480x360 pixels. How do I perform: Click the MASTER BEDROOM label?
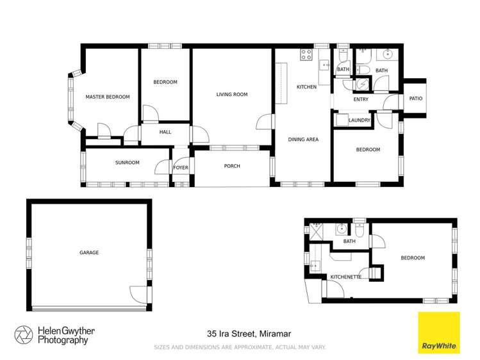pyautogui.click(x=108, y=97)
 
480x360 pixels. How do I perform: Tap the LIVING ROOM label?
pyautogui.click(x=231, y=95)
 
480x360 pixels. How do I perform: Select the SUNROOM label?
pyautogui.click(x=127, y=163)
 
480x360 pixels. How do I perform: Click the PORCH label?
pyautogui.click(x=231, y=167)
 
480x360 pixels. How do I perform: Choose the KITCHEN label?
pyautogui.click(x=306, y=86)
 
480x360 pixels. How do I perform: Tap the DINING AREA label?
pyautogui.click(x=303, y=139)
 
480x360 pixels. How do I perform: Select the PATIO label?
pyautogui.click(x=415, y=99)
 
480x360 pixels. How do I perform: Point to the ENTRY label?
pyautogui.click(x=361, y=99)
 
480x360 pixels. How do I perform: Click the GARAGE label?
pyautogui.click(x=89, y=252)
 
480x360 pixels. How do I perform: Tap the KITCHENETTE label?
pyautogui.click(x=346, y=277)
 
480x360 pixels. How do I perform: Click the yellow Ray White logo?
pyautogui.click(x=439, y=333)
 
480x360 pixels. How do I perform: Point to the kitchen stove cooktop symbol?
pyautogui.click(x=305, y=54)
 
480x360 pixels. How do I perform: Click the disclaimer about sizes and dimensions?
pyautogui.click(x=240, y=347)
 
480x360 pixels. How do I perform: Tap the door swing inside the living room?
pyautogui.click(x=263, y=122)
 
